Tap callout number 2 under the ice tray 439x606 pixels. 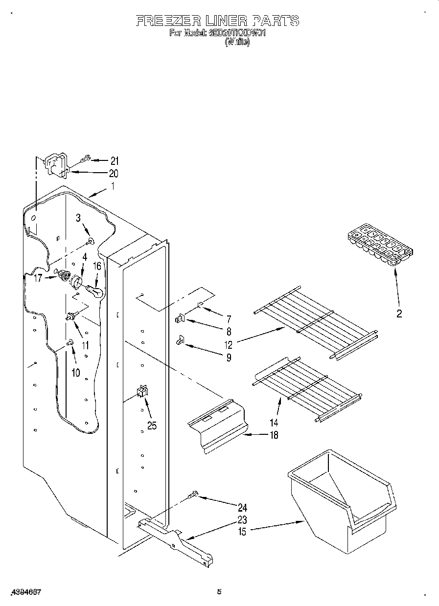399,314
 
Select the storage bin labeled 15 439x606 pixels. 343,499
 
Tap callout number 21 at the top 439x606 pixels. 115,160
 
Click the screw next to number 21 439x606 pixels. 86,158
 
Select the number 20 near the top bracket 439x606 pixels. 113,173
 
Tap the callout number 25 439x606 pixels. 152,426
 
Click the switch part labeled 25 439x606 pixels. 143,391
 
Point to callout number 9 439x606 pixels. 228,357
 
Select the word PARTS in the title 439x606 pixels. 275,21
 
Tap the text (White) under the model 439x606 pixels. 237,42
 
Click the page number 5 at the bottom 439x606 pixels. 220,592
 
